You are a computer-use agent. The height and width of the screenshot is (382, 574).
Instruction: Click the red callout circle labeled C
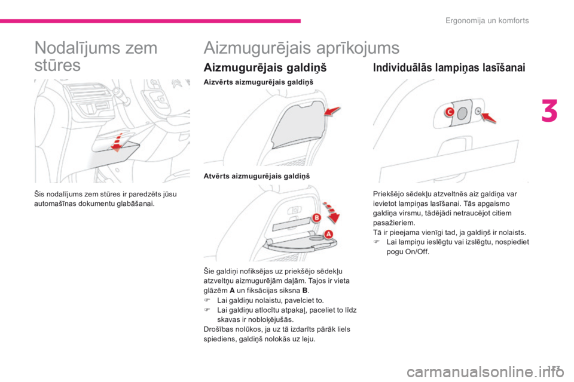(x=448, y=112)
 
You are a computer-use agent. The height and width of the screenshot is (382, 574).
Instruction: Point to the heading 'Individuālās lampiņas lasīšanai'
(x=449, y=68)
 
